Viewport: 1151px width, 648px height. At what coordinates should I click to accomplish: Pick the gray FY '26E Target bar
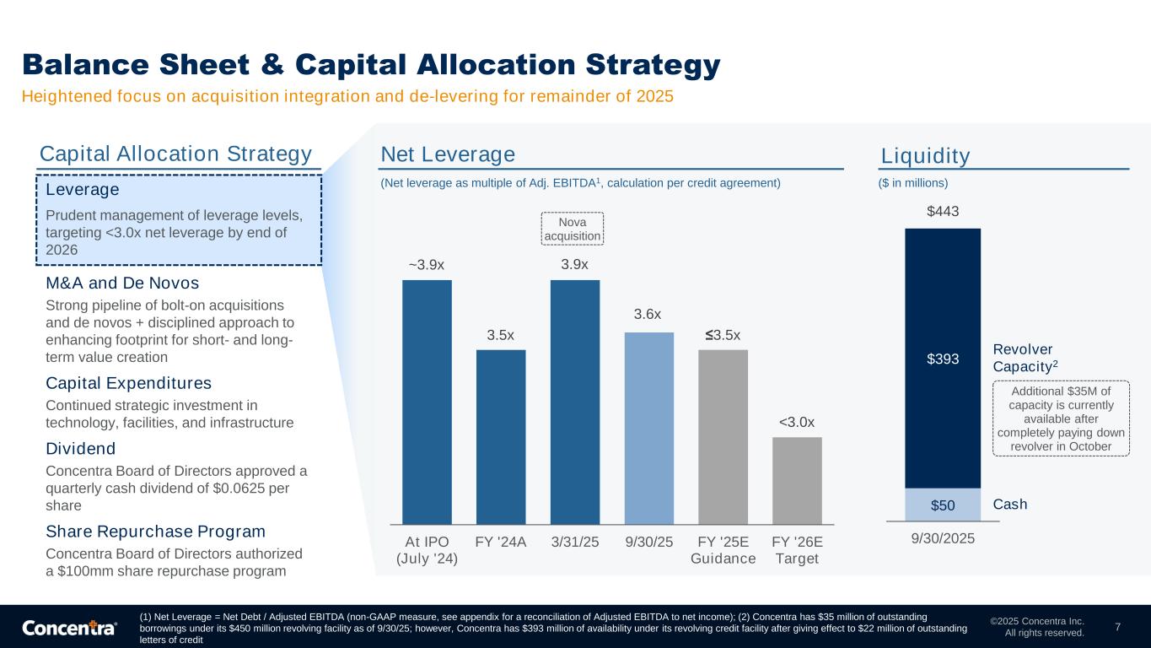pyautogui.click(x=797, y=480)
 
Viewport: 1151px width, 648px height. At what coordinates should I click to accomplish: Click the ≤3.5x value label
pyautogui.click(x=723, y=336)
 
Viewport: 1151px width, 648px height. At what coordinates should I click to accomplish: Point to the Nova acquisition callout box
pyautogui.click(x=573, y=229)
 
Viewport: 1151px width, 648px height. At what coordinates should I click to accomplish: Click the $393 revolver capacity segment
pyautogui.click(x=943, y=359)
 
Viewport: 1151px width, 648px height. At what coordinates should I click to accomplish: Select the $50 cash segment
pyautogui.click(x=943, y=505)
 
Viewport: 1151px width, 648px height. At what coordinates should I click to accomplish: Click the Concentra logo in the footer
pyautogui.click(x=69, y=628)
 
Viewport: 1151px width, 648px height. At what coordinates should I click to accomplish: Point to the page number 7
pyautogui.click(x=1117, y=627)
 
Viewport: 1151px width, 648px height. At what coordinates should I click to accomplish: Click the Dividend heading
pyautogui.click(x=80, y=448)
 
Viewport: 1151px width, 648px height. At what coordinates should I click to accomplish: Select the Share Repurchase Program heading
pyautogui.click(x=155, y=532)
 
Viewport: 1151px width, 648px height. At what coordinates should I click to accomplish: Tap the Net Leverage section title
pyautogui.click(x=448, y=154)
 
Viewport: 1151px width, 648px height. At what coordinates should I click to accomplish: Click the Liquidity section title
pyautogui.click(x=925, y=156)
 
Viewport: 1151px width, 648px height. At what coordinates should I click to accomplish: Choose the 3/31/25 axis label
pyautogui.click(x=575, y=542)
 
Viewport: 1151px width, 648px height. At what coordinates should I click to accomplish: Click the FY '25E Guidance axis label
pyautogui.click(x=723, y=550)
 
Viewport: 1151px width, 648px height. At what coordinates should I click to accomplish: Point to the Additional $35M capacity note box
pyautogui.click(x=1061, y=418)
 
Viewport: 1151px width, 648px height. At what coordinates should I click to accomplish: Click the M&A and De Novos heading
pyautogui.click(x=122, y=282)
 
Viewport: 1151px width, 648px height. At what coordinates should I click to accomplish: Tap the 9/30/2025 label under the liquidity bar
pyautogui.click(x=943, y=537)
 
